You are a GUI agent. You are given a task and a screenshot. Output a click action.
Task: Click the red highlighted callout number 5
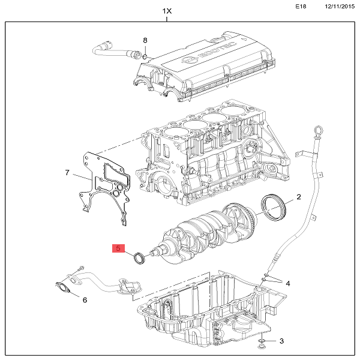click(x=118, y=248)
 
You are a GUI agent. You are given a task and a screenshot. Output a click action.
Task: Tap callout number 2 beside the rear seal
click(x=298, y=197)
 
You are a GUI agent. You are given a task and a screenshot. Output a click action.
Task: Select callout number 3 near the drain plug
click(x=282, y=341)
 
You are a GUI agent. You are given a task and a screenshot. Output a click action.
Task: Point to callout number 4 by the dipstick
click(x=288, y=284)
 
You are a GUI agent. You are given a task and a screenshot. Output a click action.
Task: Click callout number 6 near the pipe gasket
click(x=85, y=300)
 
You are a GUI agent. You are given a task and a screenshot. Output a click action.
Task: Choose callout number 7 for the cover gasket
click(x=67, y=172)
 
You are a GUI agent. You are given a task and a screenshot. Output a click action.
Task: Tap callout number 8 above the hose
click(x=145, y=40)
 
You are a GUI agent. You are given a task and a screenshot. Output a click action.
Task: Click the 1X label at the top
click(x=167, y=11)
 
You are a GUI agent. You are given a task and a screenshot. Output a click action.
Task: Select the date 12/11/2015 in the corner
click(x=340, y=6)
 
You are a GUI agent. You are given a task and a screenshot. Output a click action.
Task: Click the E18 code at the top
click(x=301, y=6)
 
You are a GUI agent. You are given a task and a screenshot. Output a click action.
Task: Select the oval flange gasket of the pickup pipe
click(x=62, y=288)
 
